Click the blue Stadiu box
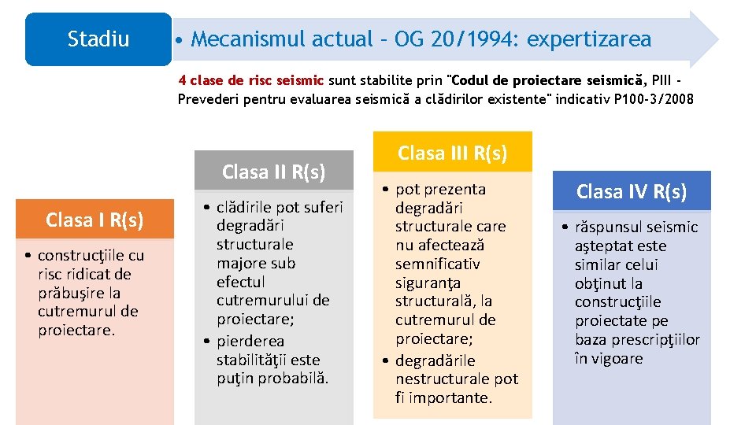(x=98, y=39)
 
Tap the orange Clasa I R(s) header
(x=94, y=220)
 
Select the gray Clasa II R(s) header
(x=273, y=172)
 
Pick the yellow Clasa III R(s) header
(x=452, y=153)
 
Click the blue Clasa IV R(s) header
(x=631, y=191)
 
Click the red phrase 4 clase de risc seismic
(x=251, y=80)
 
